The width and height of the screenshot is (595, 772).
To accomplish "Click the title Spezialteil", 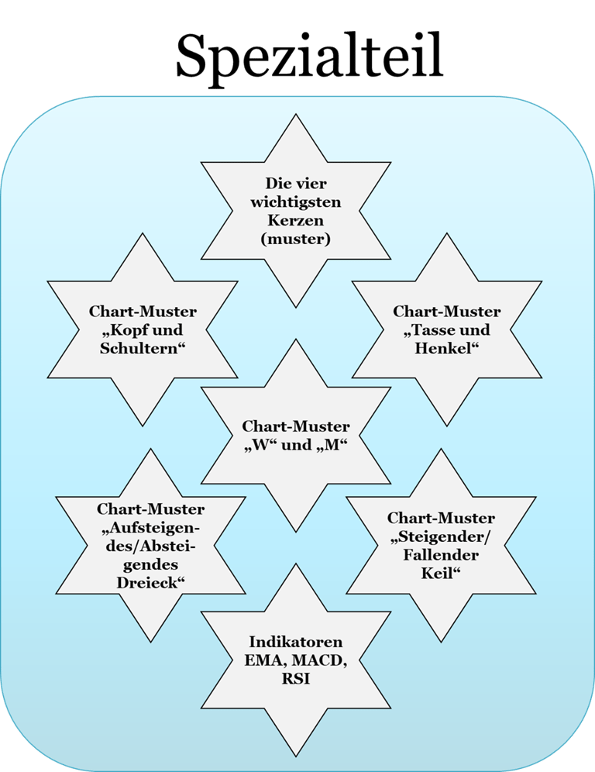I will point(309,55).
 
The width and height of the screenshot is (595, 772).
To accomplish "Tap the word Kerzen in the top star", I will point(296,222).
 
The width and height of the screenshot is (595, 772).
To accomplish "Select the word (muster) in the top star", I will point(296,240).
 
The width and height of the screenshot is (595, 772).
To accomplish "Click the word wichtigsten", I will point(296,204).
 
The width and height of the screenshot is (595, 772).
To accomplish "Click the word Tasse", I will point(430,330).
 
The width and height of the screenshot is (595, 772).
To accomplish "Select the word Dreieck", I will point(151,581).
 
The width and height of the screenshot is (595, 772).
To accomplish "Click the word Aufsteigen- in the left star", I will point(151,528).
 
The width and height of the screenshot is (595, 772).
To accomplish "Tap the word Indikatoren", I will point(296,643).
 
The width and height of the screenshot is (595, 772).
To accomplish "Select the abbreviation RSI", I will point(296,679).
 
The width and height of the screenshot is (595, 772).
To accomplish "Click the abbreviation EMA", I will point(255,661).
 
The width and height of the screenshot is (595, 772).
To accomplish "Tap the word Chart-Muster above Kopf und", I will point(143,312).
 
